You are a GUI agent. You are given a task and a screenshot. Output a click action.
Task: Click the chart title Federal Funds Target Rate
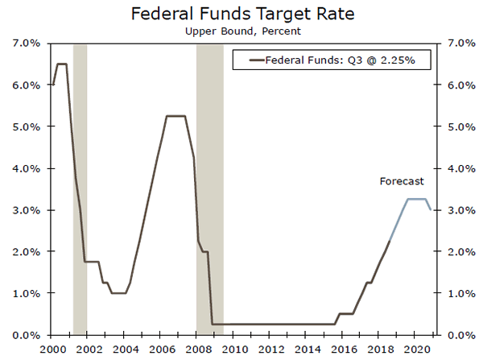coord(242,14)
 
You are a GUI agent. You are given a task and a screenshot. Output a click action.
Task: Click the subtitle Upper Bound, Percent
coord(242,31)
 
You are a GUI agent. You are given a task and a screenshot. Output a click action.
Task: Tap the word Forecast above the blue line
coord(402,182)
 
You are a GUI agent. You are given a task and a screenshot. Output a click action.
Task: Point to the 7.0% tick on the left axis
coord(28,43)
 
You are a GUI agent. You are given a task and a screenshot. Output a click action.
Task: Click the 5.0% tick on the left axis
coord(28,127)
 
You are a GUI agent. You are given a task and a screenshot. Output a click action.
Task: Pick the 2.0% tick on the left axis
coord(28,252)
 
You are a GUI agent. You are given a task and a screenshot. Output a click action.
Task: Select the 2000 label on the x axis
coord(53,350)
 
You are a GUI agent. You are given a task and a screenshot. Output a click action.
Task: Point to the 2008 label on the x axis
coord(199,350)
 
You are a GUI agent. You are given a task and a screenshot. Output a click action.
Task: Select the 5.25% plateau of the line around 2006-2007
coord(176,116)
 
